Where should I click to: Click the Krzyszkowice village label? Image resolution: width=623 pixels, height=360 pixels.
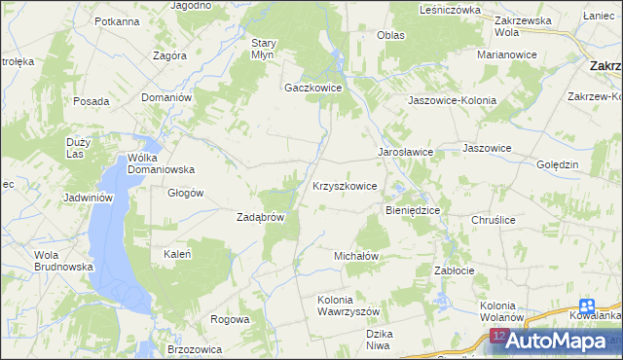pyautogui.click(x=345, y=186)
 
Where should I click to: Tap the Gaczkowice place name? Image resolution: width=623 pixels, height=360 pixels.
pyautogui.click(x=312, y=87)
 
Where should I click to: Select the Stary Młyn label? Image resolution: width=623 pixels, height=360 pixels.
pyautogui.click(x=265, y=49)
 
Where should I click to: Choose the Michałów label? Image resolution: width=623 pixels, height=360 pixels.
pyautogui.click(x=355, y=255)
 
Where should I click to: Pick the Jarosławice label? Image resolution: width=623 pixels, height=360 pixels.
pyautogui.click(x=405, y=153)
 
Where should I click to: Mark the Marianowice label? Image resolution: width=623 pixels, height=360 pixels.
pyautogui.click(x=507, y=54)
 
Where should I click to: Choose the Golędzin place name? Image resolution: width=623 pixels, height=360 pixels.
pyautogui.click(x=559, y=164)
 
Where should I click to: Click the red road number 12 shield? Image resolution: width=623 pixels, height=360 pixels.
pyautogui.click(x=498, y=336)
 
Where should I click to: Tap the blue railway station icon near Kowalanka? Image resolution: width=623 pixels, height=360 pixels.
pyautogui.click(x=585, y=304)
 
